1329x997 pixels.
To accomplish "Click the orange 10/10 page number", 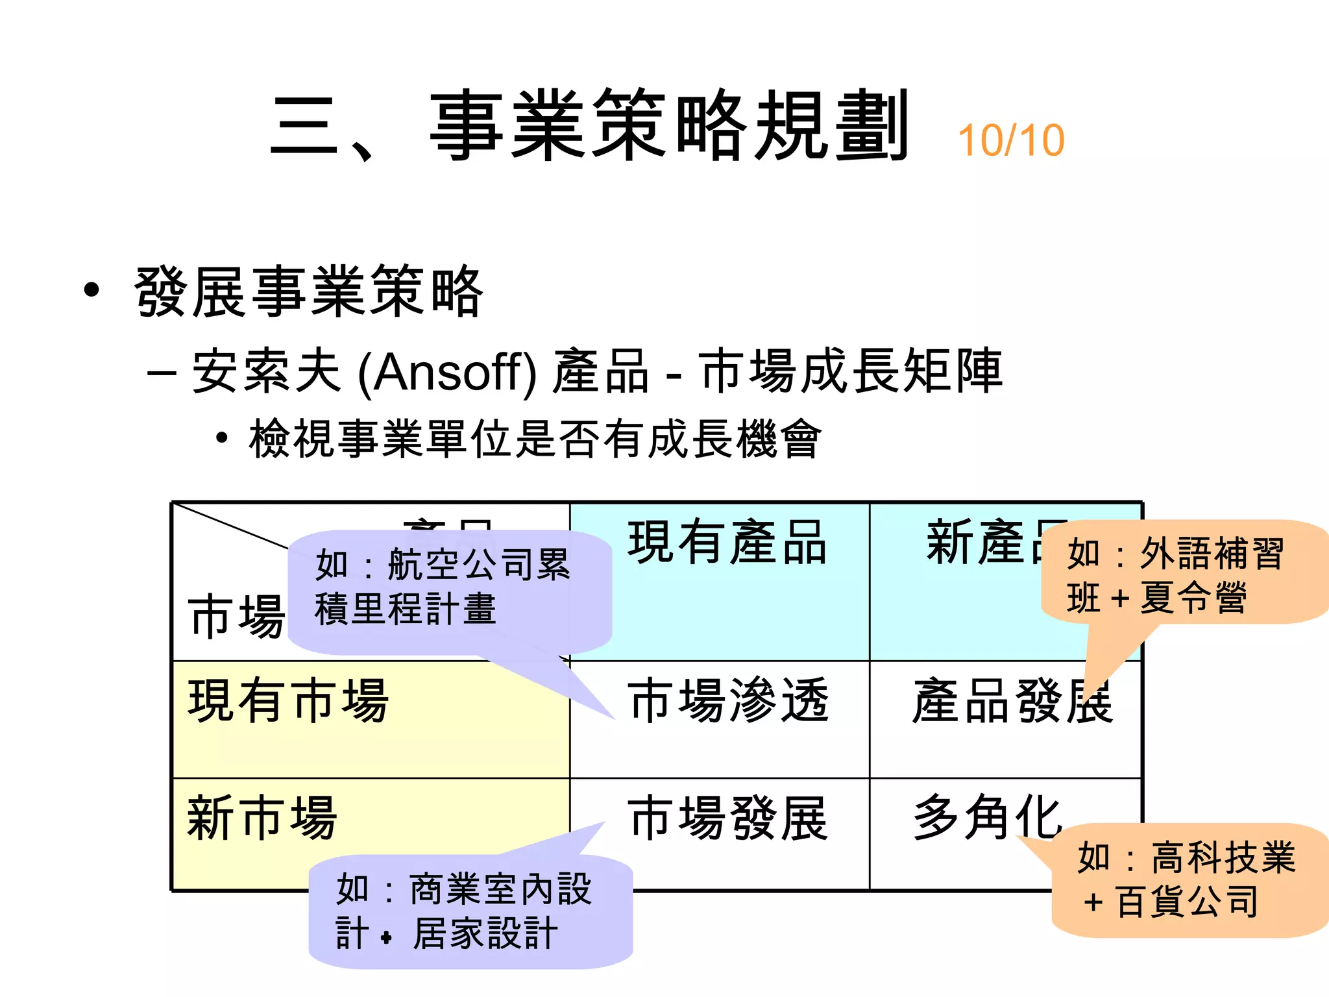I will [x=1010, y=141].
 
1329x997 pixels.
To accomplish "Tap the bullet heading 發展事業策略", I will [x=309, y=293].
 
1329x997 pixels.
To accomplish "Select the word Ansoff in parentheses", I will [x=447, y=372].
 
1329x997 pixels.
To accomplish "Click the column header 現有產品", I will [x=727, y=543].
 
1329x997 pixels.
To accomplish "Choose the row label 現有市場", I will [x=288, y=701].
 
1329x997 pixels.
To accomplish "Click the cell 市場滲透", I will [x=728, y=701].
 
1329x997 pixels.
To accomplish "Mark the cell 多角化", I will [x=986, y=818].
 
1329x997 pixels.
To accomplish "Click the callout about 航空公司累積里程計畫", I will [x=448, y=587].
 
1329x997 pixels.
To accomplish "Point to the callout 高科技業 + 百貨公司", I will [x=1188, y=880].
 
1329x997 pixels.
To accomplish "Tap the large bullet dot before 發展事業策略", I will [x=92, y=291].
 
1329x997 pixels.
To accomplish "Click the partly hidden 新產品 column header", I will [x=980, y=543].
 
